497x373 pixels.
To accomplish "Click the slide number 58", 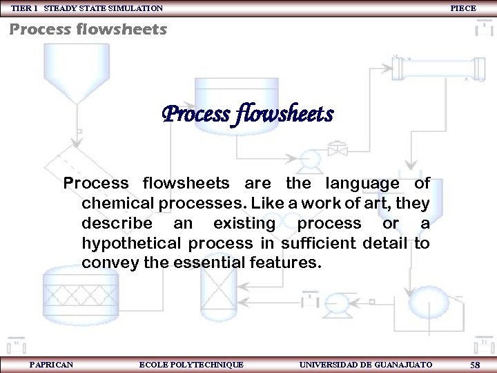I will click(475, 364).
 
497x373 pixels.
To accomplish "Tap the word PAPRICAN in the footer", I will click(51, 364).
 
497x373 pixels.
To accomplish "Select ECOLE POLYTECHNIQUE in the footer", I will click(191, 364).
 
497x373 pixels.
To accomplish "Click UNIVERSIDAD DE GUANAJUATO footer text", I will click(366, 364).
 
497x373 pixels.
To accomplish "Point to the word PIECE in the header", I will click(462, 8).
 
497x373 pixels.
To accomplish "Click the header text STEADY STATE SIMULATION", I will click(104, 8).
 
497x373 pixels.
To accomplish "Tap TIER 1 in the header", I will click(24, 8).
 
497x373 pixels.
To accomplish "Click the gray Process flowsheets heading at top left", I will click(88, 29).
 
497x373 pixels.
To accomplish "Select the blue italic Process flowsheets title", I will click(248, 113).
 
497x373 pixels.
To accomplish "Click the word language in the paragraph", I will click(362, 184).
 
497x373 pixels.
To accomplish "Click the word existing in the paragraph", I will click(244, 224).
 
